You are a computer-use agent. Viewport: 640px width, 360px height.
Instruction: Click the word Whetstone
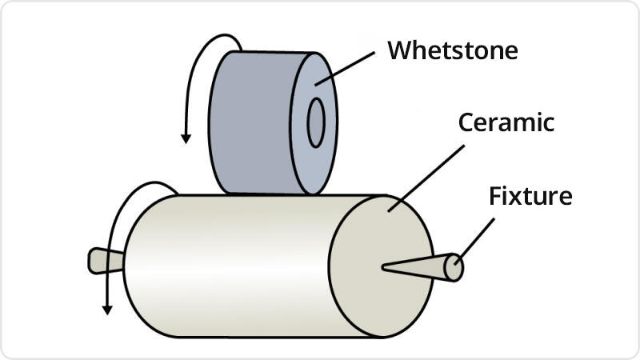click(x=453, y=50)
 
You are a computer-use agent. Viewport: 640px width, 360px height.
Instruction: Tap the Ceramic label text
click(x=506, y=123)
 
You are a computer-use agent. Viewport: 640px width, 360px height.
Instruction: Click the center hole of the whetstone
click(x=316, y=123)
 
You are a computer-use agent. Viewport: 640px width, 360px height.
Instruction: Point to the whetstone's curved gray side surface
click(x=248, y=120)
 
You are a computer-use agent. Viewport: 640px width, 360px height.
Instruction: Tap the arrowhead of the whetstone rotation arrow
click(x=186, y=137)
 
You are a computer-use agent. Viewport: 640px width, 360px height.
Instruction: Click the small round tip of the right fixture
click(x=454, y=267)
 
